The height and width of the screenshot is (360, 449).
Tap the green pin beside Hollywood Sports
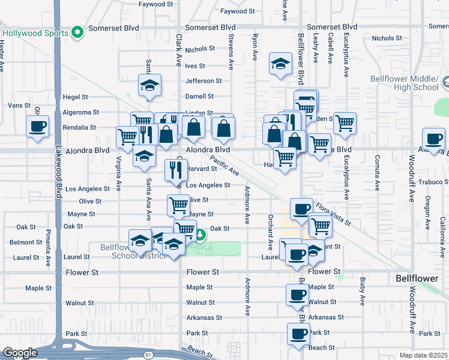click(x=77, y=32)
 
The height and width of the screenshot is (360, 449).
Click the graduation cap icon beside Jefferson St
click(x=150, y=85)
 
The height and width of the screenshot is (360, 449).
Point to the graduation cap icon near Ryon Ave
click(x=280, y=65)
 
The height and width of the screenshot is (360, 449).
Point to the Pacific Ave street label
click(x=224, y=166)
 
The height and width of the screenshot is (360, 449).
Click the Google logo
click(x=20, y=353)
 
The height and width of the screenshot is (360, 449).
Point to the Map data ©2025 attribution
click(x=423, y=355)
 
